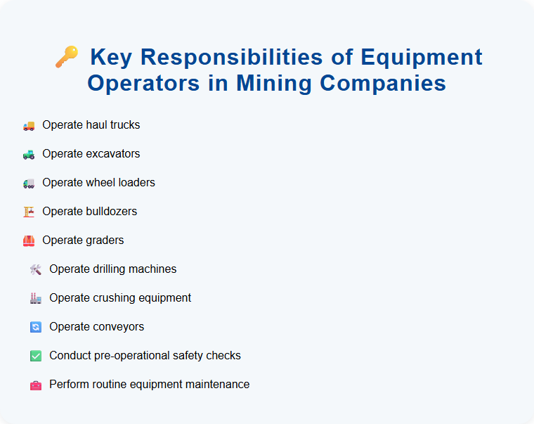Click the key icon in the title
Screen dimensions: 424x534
tap(66, 57)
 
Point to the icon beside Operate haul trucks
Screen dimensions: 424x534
tap(29, 125)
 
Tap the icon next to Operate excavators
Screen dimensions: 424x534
tap(29, 154)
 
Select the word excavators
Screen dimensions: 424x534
tap(113, 154)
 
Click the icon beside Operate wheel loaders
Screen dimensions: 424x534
tap(29, 183)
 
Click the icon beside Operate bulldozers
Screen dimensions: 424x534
tap(29, 212)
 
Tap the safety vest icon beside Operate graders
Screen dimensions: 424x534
tap(29, 240)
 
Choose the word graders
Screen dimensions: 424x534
tap(105, 240)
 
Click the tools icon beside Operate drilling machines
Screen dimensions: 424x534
tap(36, 269)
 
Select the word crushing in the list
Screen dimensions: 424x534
tap(111, 298)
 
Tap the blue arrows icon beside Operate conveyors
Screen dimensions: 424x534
tap(36, 327)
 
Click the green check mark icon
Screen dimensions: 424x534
tap(36, 356)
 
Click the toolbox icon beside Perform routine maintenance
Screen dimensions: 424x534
tap(36, 385)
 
